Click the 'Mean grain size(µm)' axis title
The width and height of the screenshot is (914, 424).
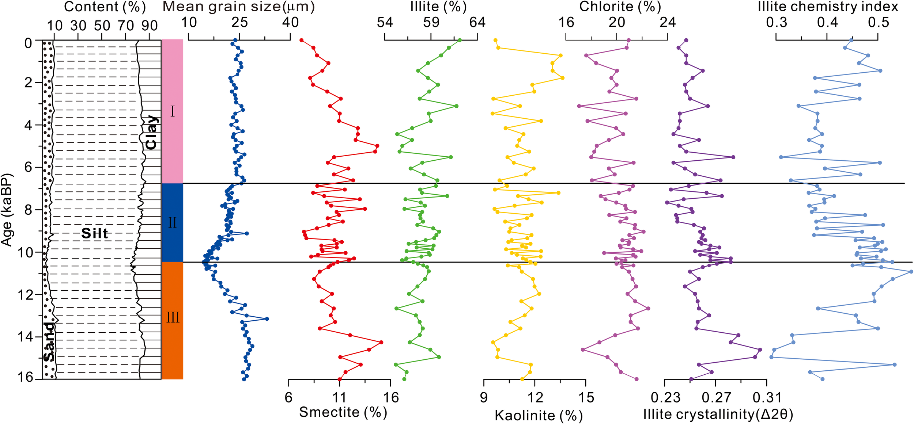tap(238, 7)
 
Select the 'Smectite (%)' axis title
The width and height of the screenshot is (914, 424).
tap(343, 412)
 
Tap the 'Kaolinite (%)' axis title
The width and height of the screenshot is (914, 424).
tap(539, 415)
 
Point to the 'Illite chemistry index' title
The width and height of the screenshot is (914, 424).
tap(828, 7)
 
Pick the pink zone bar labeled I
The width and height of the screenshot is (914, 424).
tap(173, 111)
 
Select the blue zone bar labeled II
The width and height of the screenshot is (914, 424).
tap(173, 222)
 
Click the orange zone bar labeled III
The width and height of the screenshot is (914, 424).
tap(173, 318)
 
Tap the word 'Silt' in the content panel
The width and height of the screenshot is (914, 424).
tap(95, 233)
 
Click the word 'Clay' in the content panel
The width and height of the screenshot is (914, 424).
tap(151, 133)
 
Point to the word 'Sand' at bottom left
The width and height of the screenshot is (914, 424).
tap(49, 341)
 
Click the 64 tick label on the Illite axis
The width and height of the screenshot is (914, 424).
tap(477, 23)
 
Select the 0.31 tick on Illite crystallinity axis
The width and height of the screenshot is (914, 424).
tap(767, 397)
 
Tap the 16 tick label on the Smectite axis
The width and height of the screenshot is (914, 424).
tap(390, 397)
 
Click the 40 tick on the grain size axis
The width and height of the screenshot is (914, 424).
tap(290, 23)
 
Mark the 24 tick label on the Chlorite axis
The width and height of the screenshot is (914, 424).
tap(668, 23)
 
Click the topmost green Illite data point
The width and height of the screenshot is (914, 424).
tap(460, 40)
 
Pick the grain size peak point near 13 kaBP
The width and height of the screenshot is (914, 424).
tap(267, 319)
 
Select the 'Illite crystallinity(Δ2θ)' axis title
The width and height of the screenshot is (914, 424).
tap(718, 414)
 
